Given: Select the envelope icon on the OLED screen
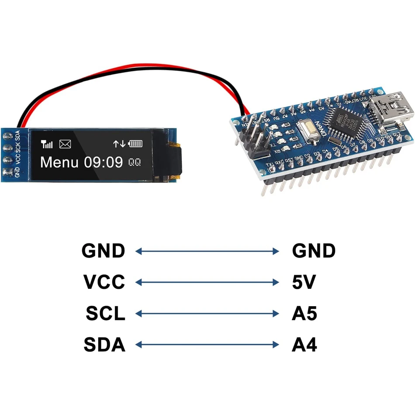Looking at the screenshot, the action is (65, 144).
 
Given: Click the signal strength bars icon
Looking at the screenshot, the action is (47, 144).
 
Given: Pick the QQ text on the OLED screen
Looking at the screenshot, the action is (135, 163).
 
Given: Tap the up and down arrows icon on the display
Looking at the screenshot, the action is (119, 143).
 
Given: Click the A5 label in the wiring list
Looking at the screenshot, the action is (304, 314).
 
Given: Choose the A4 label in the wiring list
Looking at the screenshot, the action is (304, 345).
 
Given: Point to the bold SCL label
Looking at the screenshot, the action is (105, 314).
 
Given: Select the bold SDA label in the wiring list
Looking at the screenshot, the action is (104, 345).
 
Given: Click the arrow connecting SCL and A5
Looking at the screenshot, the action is (207, 314).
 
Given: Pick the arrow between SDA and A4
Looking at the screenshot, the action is (207, 345).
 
